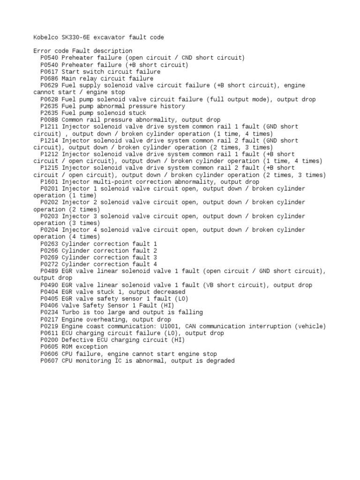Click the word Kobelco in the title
click(x=46, y=37)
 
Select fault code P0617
click(x=49, y=72)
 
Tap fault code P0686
click(x=49, y=79)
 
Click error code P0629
click(x=49, y=85)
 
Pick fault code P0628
click(x=49, y=99)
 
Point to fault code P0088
click(x=49, y=120)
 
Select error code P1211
click(x=49, y=127)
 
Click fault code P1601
click(x=49, y=182)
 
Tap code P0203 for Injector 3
click(x=49, y=216)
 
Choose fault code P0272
click(x=49, y=264)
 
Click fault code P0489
click(x=49, y=271)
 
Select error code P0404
click(x=49, y=292)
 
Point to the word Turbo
click(x=70, y=313)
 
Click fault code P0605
click(x=49, y=347)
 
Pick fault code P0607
click(x=49, y=361)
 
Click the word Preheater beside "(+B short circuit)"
click(x=77, y=65)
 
